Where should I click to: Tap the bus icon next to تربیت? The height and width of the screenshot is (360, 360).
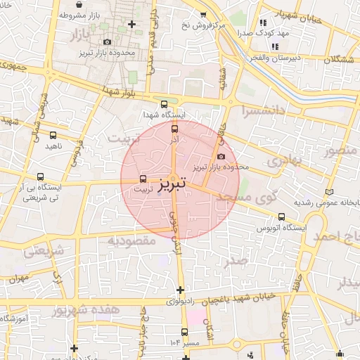coord(143,179)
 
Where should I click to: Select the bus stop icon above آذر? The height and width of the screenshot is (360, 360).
coord(175,128)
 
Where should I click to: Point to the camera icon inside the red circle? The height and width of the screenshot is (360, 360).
coord(221,156)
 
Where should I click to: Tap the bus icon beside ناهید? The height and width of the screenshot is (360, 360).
coord(53,135)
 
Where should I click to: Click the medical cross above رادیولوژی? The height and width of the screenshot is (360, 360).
coord(181,290)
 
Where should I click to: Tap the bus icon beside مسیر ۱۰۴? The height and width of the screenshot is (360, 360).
coord(185,331)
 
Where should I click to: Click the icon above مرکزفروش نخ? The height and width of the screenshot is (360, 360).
coord(203,14)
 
